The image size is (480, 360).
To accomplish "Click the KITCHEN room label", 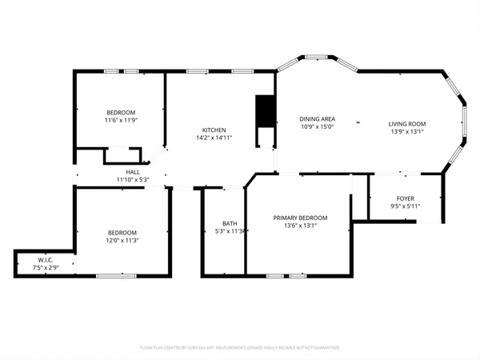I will coord(214,130).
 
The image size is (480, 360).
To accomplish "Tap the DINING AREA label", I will coord(316,118).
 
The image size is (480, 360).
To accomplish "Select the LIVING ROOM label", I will coord(407,124).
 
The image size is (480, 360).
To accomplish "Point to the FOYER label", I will coord(406,198).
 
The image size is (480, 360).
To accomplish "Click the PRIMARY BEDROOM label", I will coord(300,218).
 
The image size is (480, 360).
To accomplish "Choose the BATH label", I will coord(230,223).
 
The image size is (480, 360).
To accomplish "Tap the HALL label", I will coord(133,172).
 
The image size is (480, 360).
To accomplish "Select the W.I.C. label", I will coord(46,259).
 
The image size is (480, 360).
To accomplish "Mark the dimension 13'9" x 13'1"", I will coord(407,132).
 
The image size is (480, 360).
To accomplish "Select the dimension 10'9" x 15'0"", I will coord(316,126).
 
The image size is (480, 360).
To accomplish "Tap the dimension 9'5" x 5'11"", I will coord(406,206).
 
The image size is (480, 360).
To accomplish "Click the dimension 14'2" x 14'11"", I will coord(214,138).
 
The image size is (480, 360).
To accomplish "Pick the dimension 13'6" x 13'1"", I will coord(300,226).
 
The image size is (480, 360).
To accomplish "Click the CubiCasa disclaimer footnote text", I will coord(239,348).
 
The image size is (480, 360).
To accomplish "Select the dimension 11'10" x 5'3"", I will coord(133,179).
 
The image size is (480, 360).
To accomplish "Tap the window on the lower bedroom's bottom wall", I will coord(112,276).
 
